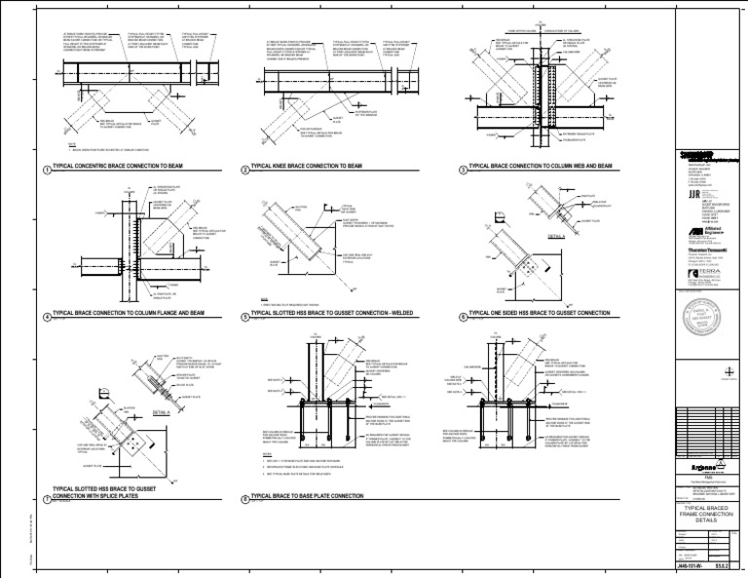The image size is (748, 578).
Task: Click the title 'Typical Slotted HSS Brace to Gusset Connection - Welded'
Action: coord(341,315)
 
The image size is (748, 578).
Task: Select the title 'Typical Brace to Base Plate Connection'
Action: coord(307,496)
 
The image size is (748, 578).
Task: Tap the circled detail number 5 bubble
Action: coord(243,317)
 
